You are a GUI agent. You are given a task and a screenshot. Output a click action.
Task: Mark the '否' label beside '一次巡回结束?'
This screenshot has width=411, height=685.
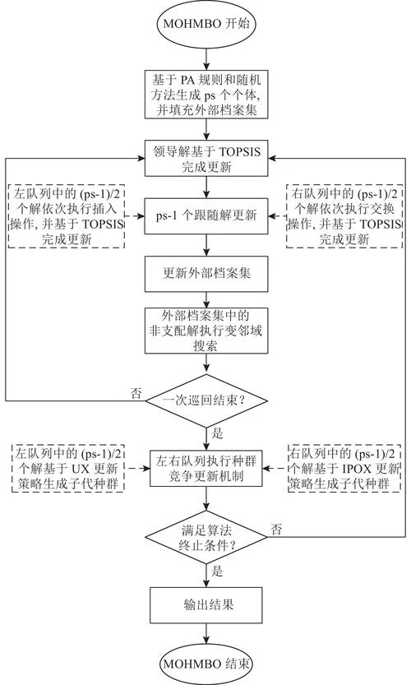[x=136, y=393]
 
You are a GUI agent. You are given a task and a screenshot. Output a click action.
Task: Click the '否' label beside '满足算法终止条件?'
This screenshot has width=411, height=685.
[x=276, y=530]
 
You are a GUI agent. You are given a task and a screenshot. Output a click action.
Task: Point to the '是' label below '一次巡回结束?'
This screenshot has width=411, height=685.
[x=218, y=433]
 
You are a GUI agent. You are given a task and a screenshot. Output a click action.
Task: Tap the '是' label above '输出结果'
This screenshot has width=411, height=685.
[x=218, y=571]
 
